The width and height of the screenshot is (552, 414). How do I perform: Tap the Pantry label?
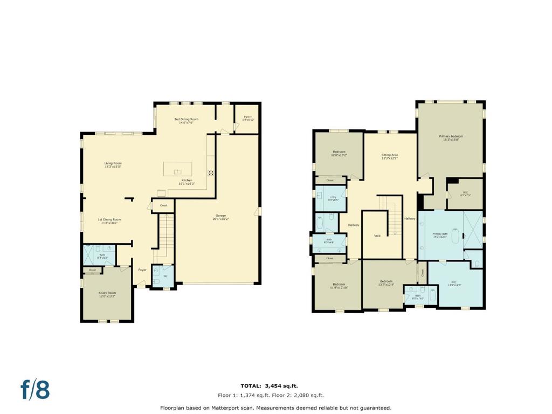[247, 117]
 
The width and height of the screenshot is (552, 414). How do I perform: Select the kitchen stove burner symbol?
[211, 173]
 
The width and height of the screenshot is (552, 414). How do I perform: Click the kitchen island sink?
[177, 172]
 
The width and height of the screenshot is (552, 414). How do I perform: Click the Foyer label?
[142, 270]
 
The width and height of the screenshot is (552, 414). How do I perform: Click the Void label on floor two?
[377, 236]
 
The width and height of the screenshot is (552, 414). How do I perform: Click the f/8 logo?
[35, 389]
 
